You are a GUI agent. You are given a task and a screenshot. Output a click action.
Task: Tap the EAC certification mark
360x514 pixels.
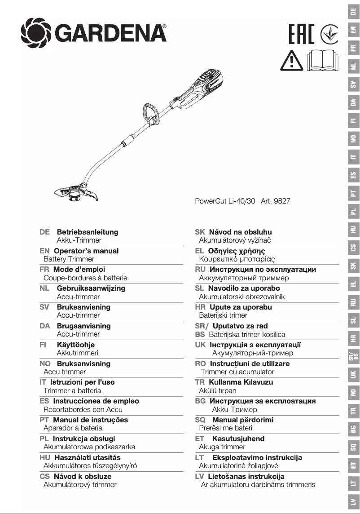[x=301, y=34]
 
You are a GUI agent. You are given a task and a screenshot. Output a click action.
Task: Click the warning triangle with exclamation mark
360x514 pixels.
[x=291, y=61]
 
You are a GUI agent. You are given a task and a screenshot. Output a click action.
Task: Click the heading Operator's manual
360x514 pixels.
[x=86, y=251]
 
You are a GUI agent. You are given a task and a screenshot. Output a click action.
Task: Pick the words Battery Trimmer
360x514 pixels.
[x=69, y=259]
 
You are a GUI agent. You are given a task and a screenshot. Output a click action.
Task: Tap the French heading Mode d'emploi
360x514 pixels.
[x=79, y=270]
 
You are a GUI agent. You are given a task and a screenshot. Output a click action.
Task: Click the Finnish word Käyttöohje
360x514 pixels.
[x=75, y=345]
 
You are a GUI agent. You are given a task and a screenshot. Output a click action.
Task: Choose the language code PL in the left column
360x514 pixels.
[x=44, y=439]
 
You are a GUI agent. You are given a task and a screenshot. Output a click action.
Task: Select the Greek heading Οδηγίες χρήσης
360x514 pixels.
[x=237, y=251]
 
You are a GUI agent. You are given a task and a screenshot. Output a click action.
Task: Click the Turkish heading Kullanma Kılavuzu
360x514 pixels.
[x=241, y=382]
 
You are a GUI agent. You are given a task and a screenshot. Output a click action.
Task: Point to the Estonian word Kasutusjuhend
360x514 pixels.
[x=238, y=439]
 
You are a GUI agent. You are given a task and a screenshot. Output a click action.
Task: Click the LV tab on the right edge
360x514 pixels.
[x=354, y=501]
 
